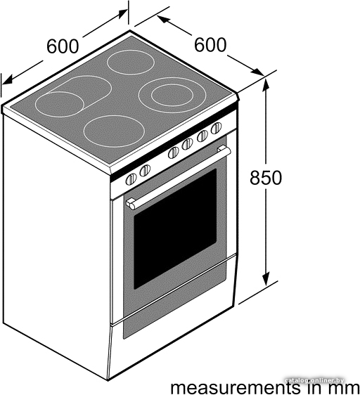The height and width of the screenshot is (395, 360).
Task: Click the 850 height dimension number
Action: click(266, 178)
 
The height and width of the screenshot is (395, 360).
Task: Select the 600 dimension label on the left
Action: click(63, 46)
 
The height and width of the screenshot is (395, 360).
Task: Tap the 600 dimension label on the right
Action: click(210, 45)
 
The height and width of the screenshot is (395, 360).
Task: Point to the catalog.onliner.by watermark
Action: click(315, 380)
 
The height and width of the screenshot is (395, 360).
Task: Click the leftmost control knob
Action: click(131, 179)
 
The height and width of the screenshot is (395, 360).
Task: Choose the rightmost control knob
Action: click(217, 128)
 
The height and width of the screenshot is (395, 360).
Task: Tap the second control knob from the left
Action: click(145, 171)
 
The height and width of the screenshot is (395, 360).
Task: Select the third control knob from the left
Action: click(174, 153)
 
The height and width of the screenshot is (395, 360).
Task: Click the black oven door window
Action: click(175, 229)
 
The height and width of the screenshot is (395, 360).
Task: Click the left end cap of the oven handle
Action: click(131, 204)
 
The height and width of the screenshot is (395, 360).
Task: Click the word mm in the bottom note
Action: click(346, 389)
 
